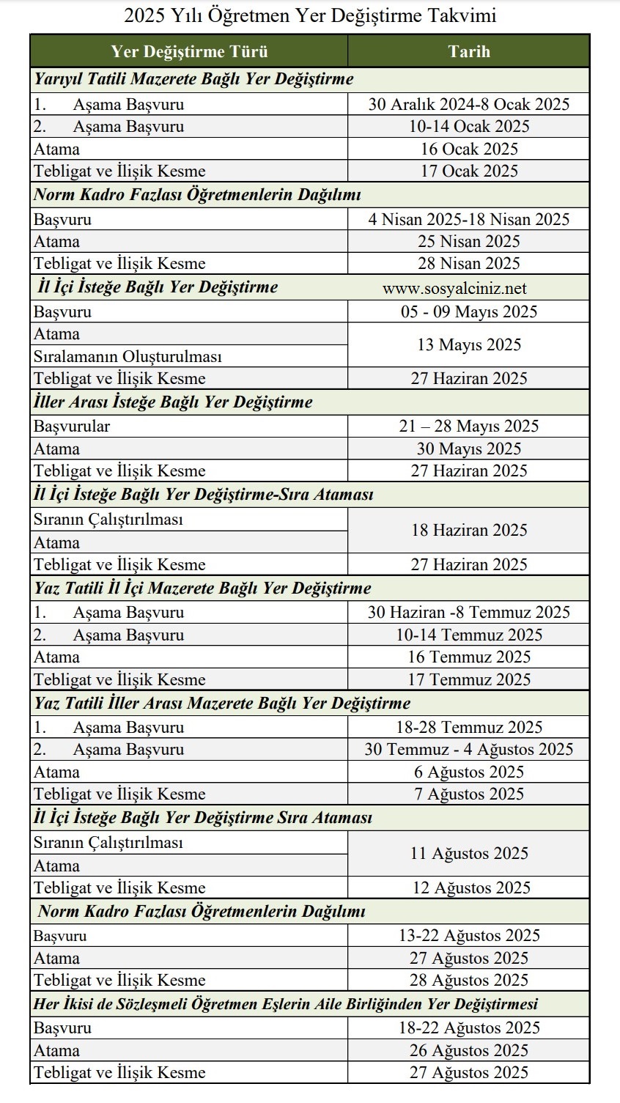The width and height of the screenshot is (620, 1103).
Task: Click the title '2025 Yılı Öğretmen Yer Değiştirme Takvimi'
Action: (x=310, y=15)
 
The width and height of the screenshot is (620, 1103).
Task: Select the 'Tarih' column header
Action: (x=469, y=51)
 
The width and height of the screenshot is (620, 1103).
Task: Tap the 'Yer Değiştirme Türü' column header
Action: (x=189, y=51)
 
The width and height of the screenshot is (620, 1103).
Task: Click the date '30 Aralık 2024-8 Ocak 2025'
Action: (x=469, y=104)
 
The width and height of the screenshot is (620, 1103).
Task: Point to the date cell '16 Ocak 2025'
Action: (x=469, y=149)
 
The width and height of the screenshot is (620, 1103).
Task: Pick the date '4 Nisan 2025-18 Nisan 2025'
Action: (x=469, y=219)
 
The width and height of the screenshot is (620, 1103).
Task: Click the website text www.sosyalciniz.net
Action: (x=454, y=288)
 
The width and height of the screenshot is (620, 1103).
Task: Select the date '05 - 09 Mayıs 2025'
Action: (x=469, y=311)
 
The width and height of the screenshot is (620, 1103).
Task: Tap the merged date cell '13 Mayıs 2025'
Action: (x=469, y=344)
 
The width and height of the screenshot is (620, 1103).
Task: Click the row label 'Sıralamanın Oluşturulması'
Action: (x=128, y=357)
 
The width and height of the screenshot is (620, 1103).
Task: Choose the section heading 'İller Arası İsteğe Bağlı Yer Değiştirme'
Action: (x=173, y=402)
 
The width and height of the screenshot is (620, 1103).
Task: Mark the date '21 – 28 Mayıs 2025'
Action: (x=469, y=426)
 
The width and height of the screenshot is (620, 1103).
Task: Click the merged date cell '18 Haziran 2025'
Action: (x=469, y=530)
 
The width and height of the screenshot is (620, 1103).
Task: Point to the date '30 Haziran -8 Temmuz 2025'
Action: (x=469, y=612)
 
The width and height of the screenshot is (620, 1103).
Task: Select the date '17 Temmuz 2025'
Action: (x=469, y=679)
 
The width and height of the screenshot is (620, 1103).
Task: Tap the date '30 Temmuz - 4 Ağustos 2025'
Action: (x=469, y=749)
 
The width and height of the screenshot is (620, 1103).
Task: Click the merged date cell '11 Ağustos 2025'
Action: (x=469, y=853)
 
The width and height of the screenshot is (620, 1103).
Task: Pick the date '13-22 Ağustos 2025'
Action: (x=469, y=935)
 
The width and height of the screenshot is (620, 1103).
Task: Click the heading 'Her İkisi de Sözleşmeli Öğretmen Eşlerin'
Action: (x=286, y=1004)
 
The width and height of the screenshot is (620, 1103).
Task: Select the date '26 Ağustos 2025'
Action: (x=469, y=1050)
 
